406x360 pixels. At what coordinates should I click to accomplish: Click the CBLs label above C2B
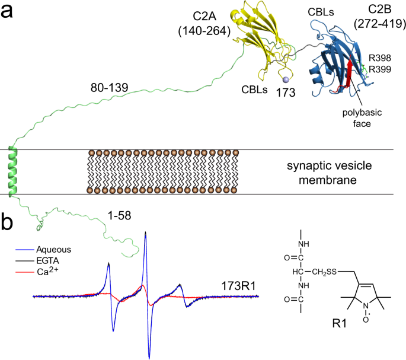[x=324, y=11]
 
